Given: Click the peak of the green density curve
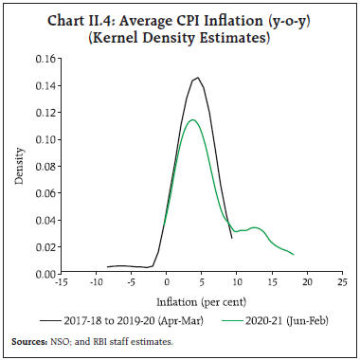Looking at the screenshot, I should click(x=191, y=119).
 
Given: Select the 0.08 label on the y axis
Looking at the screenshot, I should click(x=41, y=166).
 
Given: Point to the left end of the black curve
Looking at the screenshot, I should click(x=107, y=267).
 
